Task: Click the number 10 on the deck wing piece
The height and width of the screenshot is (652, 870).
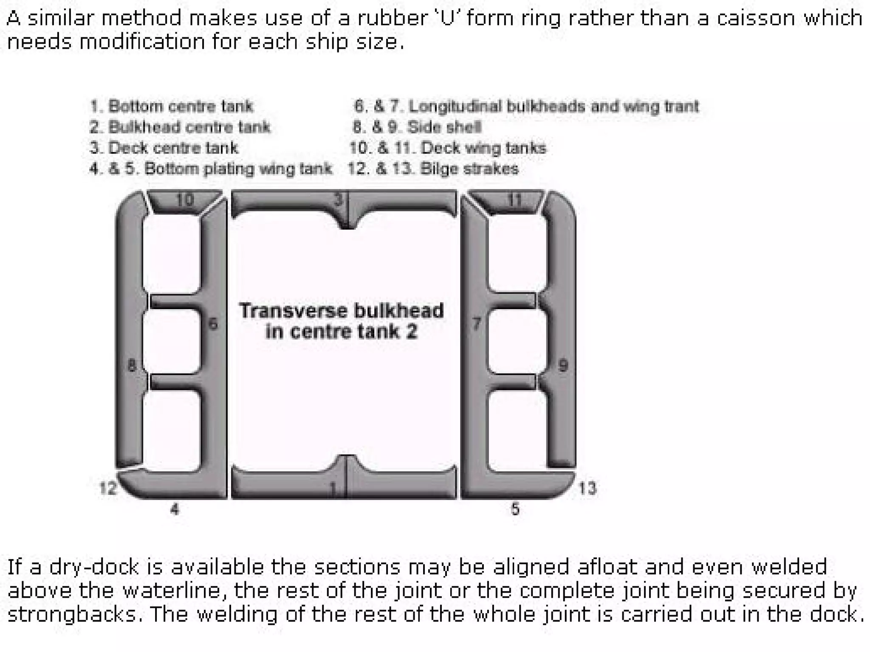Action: (185, 200)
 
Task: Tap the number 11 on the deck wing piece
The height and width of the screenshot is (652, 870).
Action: (514, 200)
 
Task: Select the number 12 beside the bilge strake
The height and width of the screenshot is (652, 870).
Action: (107, 488)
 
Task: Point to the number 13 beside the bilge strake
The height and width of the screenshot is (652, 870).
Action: (588, 489)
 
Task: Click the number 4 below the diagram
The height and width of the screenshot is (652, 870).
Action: (175, 509)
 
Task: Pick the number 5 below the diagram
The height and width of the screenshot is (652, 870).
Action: (515, 509)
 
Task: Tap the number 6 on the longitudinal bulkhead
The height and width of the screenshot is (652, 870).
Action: (213, 324)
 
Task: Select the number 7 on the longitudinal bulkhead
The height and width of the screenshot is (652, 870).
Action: (477, 324)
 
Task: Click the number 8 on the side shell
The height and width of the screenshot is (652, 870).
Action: (132, 365)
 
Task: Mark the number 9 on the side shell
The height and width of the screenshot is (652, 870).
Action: (563, 365)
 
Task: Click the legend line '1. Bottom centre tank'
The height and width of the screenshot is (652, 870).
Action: (172, 106)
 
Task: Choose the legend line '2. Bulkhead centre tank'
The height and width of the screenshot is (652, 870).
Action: (180, 127)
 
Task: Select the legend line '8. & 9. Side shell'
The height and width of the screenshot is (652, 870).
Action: (417, 127)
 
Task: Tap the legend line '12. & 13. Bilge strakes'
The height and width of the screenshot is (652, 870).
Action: (433, 169)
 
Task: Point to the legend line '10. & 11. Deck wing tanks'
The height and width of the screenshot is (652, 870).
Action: (448, 148)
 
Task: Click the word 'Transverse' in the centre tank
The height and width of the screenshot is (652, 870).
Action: (293, 311)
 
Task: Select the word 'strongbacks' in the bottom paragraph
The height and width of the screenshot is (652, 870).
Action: (74, 614)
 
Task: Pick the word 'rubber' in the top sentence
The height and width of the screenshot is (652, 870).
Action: (390, 19)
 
